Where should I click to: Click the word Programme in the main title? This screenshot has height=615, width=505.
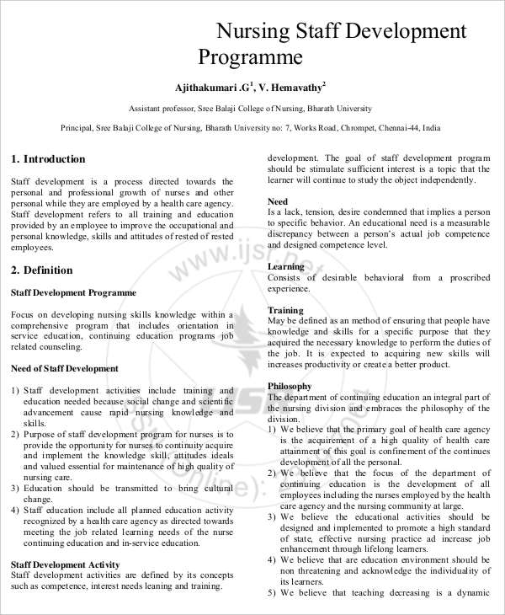point(250,57)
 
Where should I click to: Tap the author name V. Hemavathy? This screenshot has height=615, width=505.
point(290,88)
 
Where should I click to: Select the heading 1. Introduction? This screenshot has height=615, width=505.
point(48,159)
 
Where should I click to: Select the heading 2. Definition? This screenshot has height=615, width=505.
point(41,270)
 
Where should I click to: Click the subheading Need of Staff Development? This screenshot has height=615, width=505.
point(65,368)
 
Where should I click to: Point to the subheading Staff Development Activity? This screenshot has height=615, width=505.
point(65,564)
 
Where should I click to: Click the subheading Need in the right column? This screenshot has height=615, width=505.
point(278,201)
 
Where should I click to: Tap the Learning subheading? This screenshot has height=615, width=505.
point(286,266)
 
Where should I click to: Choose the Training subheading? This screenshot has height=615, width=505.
point(285,310)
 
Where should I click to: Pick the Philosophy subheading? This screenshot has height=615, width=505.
point(290,386)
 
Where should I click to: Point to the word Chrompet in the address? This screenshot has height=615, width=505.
point(360,128)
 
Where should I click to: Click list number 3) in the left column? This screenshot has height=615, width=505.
point(15,489)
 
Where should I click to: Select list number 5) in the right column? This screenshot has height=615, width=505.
point(272,592)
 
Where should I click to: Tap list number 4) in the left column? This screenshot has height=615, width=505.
point(15,511)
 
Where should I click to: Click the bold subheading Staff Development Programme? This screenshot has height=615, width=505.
point(73,292)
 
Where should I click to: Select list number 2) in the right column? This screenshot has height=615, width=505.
point(272,473)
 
